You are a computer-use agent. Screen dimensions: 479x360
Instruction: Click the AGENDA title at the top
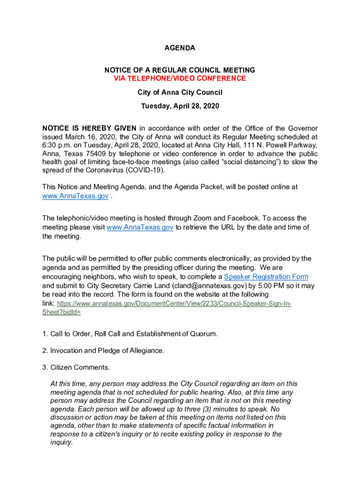coord(180,48)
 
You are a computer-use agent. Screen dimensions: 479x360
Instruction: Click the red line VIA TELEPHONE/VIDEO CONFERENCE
coord(180,78)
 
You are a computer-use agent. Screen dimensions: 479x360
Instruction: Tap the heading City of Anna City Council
coord(180,92)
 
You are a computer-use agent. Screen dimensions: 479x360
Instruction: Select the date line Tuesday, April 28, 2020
coord(180,106)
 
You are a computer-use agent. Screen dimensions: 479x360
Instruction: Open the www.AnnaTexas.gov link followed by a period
coord(75,196)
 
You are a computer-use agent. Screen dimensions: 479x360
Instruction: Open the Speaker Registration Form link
coord(266,276)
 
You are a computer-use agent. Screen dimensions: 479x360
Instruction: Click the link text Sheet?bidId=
coord(61,312)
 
